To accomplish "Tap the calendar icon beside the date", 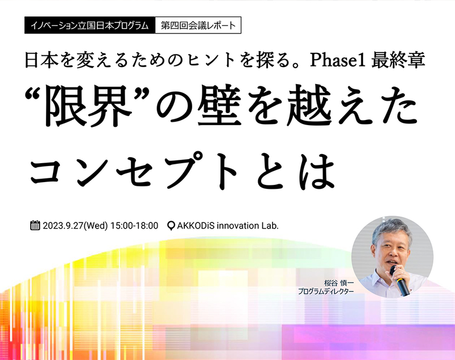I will click(35, 225).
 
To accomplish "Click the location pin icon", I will click(171, 226).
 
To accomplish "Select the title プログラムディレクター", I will click(326, 291).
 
